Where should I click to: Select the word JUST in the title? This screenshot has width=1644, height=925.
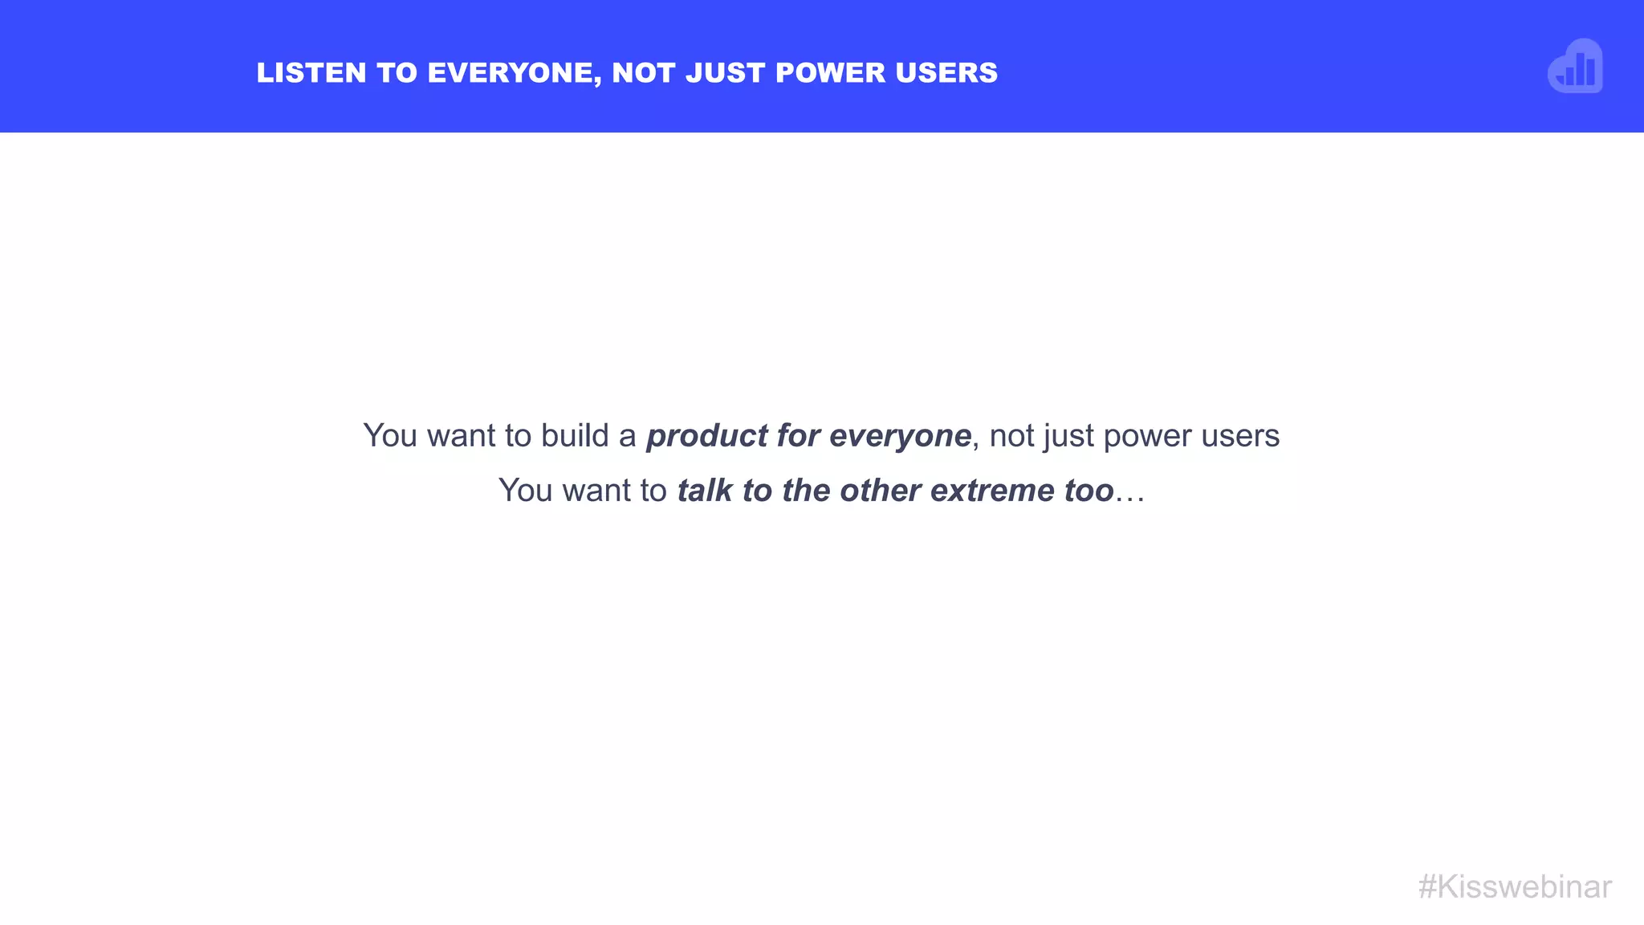pos(726,73)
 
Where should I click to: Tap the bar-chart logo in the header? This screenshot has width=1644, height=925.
pos(1575,67)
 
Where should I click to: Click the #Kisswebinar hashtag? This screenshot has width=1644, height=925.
pos(1515,887)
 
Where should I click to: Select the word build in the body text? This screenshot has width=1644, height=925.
pos(575,436)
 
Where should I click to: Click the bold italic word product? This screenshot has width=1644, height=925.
pos(707,436)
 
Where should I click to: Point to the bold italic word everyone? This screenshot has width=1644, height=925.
pos(900,436)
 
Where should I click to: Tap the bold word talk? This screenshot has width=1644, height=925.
pos(705,491)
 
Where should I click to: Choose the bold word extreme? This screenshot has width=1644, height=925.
pos(992,491)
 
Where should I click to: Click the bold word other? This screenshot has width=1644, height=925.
pos(880,491)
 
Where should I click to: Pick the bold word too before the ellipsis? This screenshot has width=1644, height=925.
pos(1089,491)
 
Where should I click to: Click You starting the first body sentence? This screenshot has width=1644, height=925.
pos(390,436)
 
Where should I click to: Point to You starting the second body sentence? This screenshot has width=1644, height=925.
pos(525,491)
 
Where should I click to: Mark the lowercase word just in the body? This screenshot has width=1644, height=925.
pos(1068,436)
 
